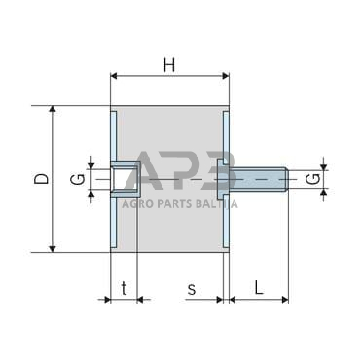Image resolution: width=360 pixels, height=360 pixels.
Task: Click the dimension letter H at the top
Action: click(x=169, y=64)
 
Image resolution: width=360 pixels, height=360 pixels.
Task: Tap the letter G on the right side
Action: click(x=310, y=179)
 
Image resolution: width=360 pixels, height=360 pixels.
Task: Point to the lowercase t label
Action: click(x=124, y=288)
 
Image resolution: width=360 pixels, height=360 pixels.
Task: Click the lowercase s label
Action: click(x=192, y=288)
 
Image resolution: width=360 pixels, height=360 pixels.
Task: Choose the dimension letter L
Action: click(x=258, y=288)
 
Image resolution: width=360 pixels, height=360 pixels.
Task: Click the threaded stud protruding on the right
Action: click(x=259, y=180)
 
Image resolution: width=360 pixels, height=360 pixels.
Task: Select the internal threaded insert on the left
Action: click(x=125, y=179)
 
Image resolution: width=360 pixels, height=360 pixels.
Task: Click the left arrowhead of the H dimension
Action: click(x=115, y=75)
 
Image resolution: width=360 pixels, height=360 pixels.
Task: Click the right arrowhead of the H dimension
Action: click(x=225, y=75)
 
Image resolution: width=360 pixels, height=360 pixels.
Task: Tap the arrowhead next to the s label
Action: click(x=220, y=300)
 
